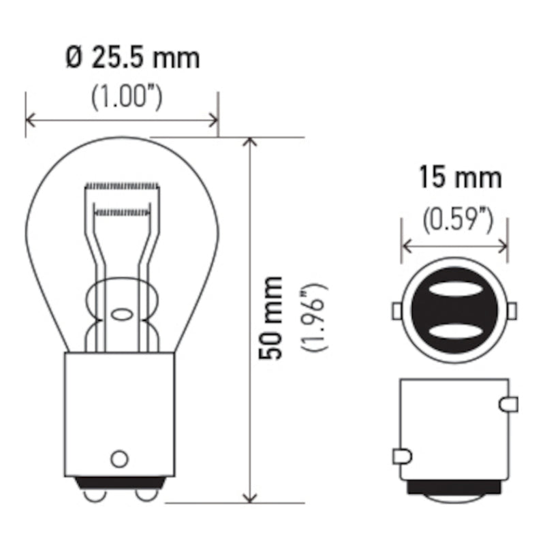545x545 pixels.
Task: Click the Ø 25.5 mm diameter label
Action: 133,59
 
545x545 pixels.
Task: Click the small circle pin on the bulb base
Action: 119,458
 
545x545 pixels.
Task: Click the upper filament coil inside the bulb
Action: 121,186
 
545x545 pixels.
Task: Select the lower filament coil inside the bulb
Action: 121,212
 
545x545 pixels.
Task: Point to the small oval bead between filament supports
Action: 121,315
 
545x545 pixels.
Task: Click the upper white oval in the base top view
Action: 454,290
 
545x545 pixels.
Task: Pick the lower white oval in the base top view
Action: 454,332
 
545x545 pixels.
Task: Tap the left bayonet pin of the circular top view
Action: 396,311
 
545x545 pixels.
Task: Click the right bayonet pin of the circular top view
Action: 512,311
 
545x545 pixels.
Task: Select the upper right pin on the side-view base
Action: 508,405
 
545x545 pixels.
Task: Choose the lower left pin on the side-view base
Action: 402,454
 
